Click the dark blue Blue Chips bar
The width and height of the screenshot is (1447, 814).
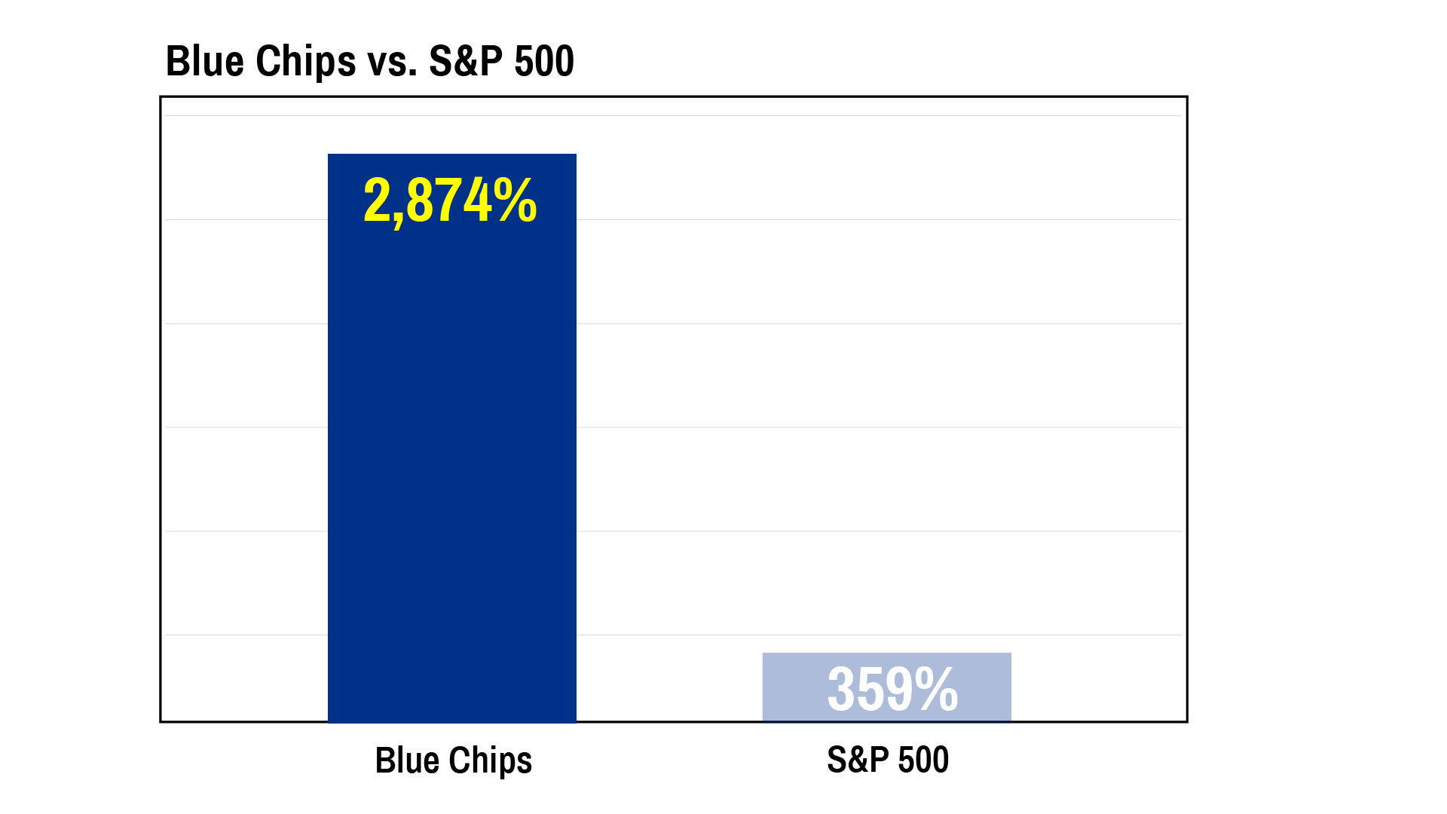tap(452, 438)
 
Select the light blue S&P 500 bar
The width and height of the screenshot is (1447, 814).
tap(887, 687)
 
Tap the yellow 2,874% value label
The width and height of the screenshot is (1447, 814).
tap(450, 201)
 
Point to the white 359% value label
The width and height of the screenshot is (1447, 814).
tap(893, 689)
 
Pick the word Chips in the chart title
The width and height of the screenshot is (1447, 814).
tap(306, 63)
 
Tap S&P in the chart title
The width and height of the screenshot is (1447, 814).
tap(465, 61)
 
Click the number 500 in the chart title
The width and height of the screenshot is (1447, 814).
tap(544, 61)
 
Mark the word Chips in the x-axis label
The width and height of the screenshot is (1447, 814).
tap(491, 761)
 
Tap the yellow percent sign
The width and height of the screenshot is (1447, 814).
tap(515, 200)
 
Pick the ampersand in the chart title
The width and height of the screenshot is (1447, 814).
tap(466, 61)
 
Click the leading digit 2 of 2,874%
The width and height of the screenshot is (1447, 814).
tap(376, 200)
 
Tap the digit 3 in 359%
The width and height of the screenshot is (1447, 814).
tap(841, 689)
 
